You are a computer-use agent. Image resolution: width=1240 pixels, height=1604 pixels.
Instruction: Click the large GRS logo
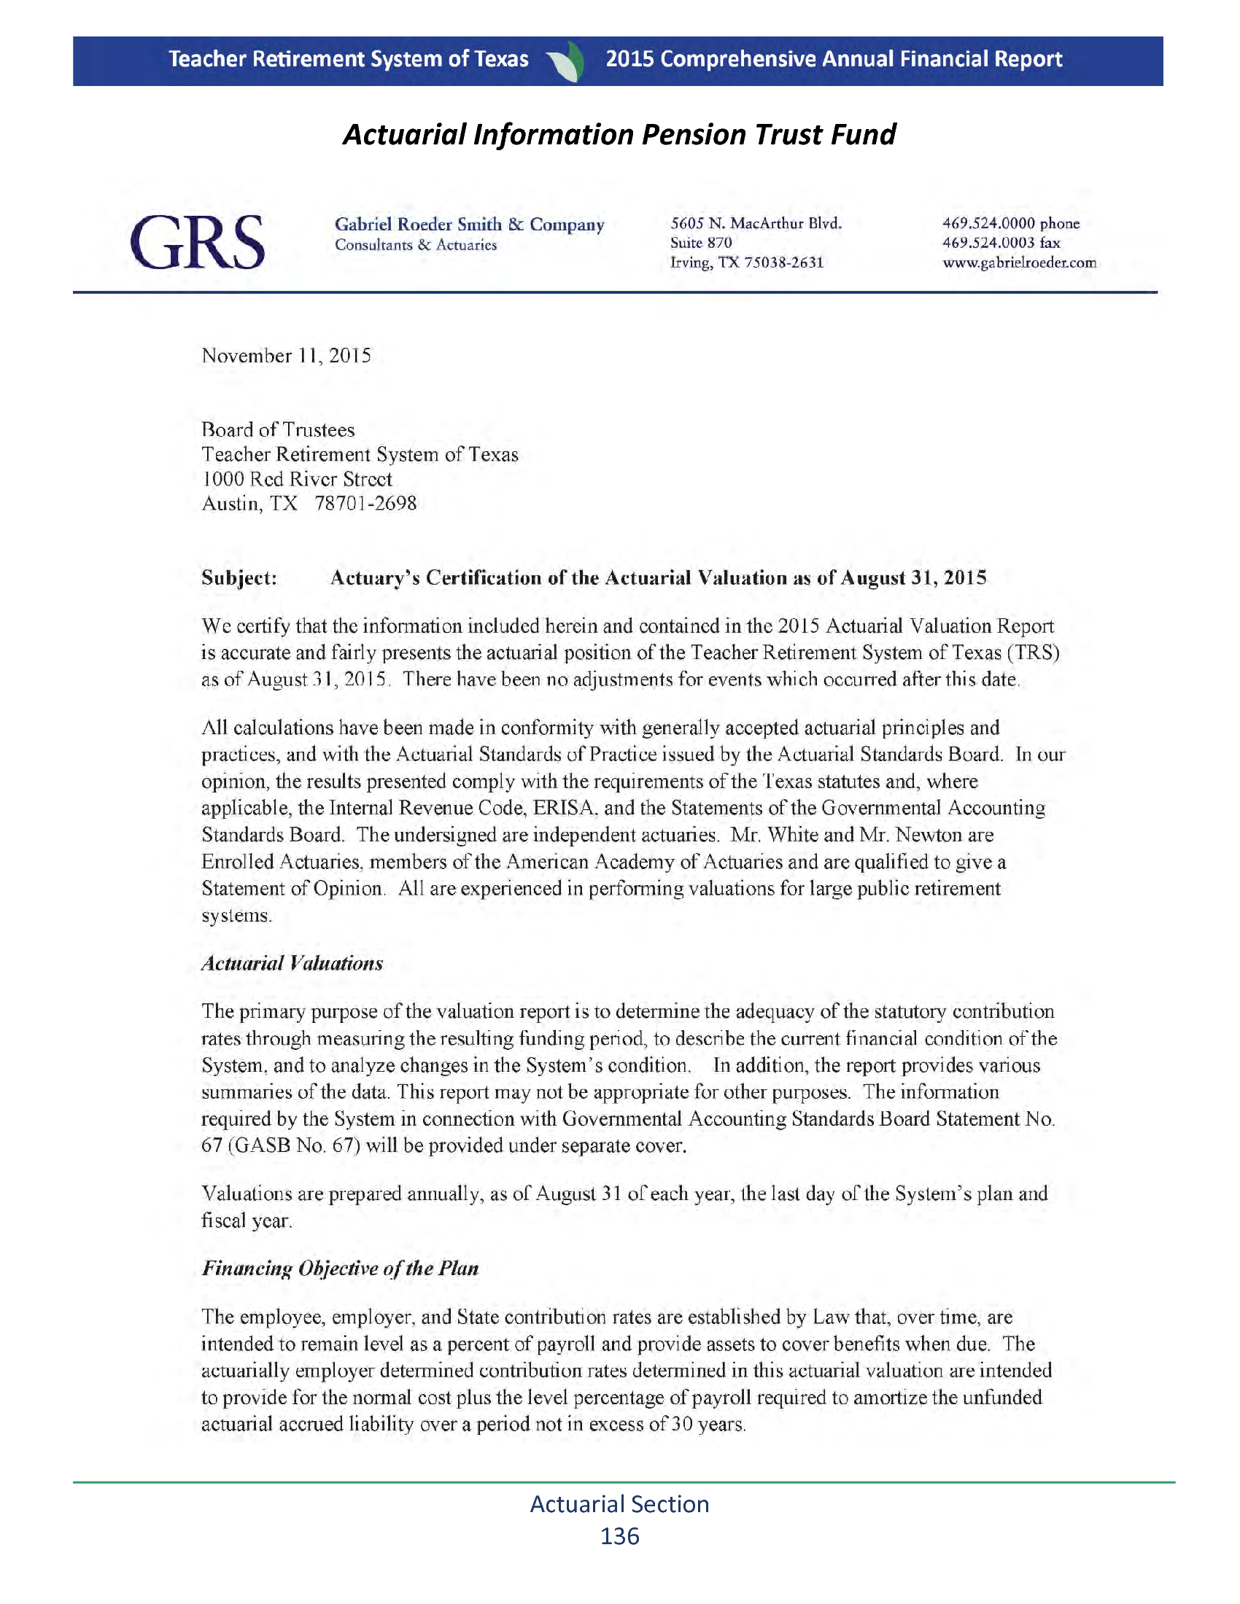[x=197, y=241]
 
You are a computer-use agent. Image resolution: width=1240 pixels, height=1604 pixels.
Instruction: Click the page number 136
[x=619, y=1536]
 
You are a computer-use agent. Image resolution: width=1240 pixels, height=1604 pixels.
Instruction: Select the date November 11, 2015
[x=287, y=357]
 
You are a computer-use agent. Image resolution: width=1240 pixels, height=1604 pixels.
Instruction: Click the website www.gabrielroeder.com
[x=1019, y=263]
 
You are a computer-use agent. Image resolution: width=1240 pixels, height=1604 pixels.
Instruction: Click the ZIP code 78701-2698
[x=366, y=504]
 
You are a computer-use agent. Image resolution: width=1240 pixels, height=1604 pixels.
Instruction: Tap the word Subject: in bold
[x=239, y=578]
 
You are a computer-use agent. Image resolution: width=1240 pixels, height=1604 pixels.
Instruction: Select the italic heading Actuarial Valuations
[x=292, y=964]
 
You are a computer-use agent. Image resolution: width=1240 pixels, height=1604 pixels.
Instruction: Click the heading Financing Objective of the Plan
[x=340, y=1269]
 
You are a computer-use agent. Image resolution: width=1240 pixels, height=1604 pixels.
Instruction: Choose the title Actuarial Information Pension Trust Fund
[x=619, y=134]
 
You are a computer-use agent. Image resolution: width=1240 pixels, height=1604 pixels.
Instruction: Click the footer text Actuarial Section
[x=619, y=1503]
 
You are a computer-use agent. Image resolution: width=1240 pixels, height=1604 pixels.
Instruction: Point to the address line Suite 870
[x=701, y=243]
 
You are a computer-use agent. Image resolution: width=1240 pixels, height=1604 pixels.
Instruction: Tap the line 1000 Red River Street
[x=297, y=479]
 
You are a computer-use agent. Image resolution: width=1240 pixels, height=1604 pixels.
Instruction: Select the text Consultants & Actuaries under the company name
[x=416, y=245]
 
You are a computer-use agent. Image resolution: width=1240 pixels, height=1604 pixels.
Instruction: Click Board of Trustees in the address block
[x=278, y=429]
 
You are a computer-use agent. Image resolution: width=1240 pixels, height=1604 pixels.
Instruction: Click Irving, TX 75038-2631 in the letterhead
[x=746, y=263]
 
